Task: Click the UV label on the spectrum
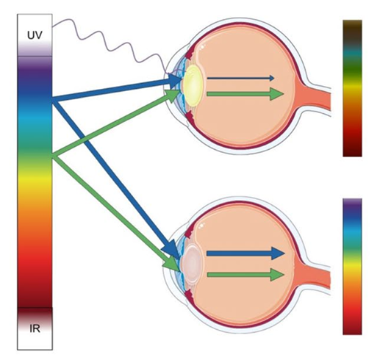[x=35, y=35]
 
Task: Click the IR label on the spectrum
[x=35, y=328]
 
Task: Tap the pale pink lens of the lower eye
[x=193, y=262]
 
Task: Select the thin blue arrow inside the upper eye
[x=240, y=78]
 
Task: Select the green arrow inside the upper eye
[x=245, y=94]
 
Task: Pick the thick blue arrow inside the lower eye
[x=245, y=253]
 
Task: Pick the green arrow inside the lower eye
[x=245, y=275]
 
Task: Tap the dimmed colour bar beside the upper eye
[x=352, y=88]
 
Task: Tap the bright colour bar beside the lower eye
[x=352, y=267]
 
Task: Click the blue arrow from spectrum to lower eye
[x=115, y=178]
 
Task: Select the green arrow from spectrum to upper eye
[x=115, y=123]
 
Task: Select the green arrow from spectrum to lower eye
[x=115, y=212]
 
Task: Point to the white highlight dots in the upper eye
[x=201, y=46]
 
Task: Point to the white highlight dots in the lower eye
[x=201, y=226]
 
